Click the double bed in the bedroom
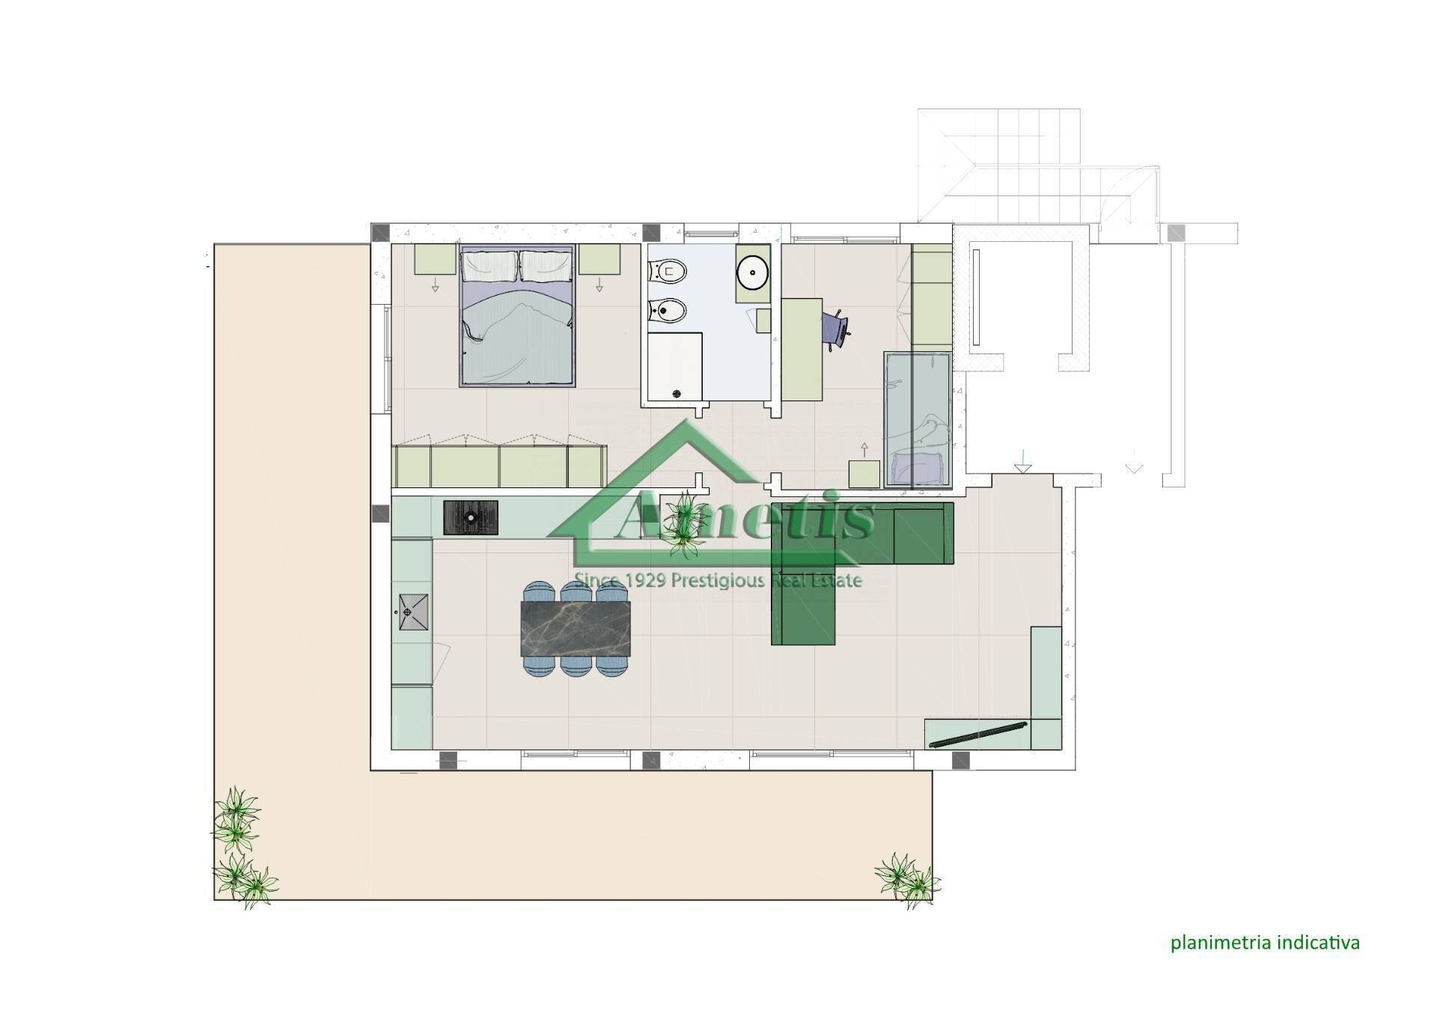tap(517, 316)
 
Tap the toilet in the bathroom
tap(667, 270)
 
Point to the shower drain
tap(677, 393)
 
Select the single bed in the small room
tap(917, 420)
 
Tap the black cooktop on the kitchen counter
tap(471, 517)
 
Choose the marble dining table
tap(576, 628)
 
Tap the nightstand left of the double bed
tap(436, 259)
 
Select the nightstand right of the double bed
tap(599, 259)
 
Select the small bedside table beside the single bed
tap(864, 474)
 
